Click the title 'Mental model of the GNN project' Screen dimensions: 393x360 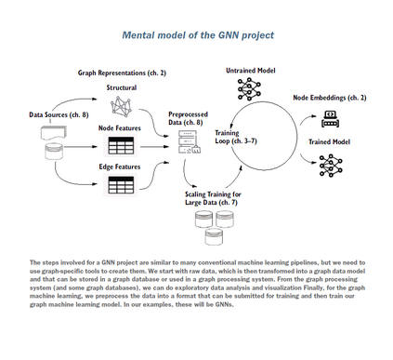pyautogui.click(x=198, y=35)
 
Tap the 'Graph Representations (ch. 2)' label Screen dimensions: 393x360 pyautogui.click(x=122, y=73)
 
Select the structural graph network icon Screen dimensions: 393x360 pyautogui.click(x=121, y=106)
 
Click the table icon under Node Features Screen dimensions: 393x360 pyautogui.click(x=121, y=145)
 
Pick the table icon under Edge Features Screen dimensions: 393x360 pyautogui.click(x=121, y=184)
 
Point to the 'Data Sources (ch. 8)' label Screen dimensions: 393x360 pyautogui.click(x=59, y=114)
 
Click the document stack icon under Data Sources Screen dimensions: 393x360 pyautogui.click(x=53, y=133)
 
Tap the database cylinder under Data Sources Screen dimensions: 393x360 pyautogui.click(x=54, y=151)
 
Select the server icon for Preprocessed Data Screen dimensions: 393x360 pyautogui.click(x=190, y=142)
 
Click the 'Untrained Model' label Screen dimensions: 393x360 pyautogui.click(x=251, y=71)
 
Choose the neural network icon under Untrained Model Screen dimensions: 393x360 pyautogui.click(x=249, y=89)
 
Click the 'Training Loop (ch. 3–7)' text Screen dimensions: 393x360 pyautogui.click(x=236, y=137)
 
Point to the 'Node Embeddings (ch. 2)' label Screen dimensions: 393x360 pyautogui.click(x=330, y=98)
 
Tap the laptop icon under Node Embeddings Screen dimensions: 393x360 pyautogui.click(x=330, y=119)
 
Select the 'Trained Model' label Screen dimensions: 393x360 pyautogui.click(x=329, y=142)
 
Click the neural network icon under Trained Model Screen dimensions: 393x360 pyautogui.click(x=331, y=166)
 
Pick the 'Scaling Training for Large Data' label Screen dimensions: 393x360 pyautogui.click(x=213, y=198)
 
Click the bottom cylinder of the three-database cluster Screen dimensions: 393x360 pyautogui.click(x=214, y=236)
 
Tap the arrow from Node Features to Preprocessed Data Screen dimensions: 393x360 pyautogui.click(x=154, y=146)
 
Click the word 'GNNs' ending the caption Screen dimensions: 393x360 pyautogui.click(x=224, y=304)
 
